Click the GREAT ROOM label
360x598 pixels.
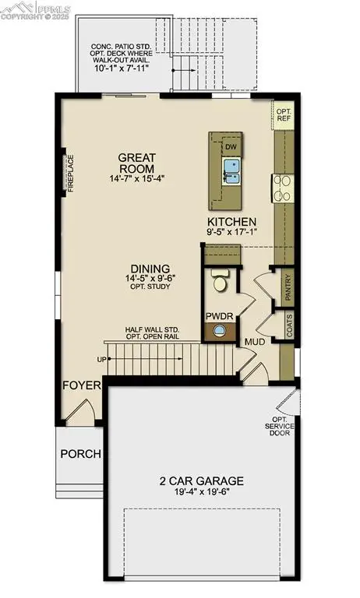[136, 162]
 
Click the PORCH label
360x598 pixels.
[81, 454]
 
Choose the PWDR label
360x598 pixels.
[218, 317]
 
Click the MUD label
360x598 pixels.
[255, 342]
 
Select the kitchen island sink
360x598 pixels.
[231, 166]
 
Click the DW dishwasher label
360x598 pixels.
[231, 146]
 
